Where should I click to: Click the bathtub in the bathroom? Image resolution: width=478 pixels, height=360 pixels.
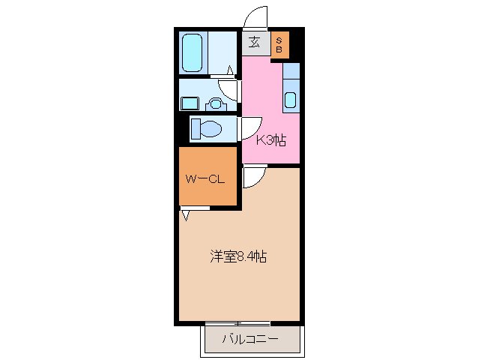click(193, 52)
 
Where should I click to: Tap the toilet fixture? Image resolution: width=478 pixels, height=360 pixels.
click(206, 129)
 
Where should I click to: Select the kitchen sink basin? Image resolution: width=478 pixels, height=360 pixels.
click(291, 100)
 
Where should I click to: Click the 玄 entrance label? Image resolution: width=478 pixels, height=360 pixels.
click(255, 43)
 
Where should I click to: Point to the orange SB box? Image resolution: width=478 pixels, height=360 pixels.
click(279, 44)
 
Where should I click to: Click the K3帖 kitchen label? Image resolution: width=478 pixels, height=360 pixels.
click(270, 139)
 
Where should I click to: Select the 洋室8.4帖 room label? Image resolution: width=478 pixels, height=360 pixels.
click(238, 257)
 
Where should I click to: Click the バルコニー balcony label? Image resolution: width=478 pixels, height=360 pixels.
click(250, 340)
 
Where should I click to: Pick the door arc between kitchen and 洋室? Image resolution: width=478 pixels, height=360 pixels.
click(253, 177)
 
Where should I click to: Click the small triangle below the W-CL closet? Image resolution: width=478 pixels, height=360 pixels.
click(185, 216)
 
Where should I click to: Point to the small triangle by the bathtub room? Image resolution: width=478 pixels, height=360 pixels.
click(229, 71)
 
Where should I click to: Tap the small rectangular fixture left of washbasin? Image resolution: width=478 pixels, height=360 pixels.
click(190, 103)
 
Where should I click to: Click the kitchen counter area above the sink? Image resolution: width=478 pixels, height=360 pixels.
click(291, 72)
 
